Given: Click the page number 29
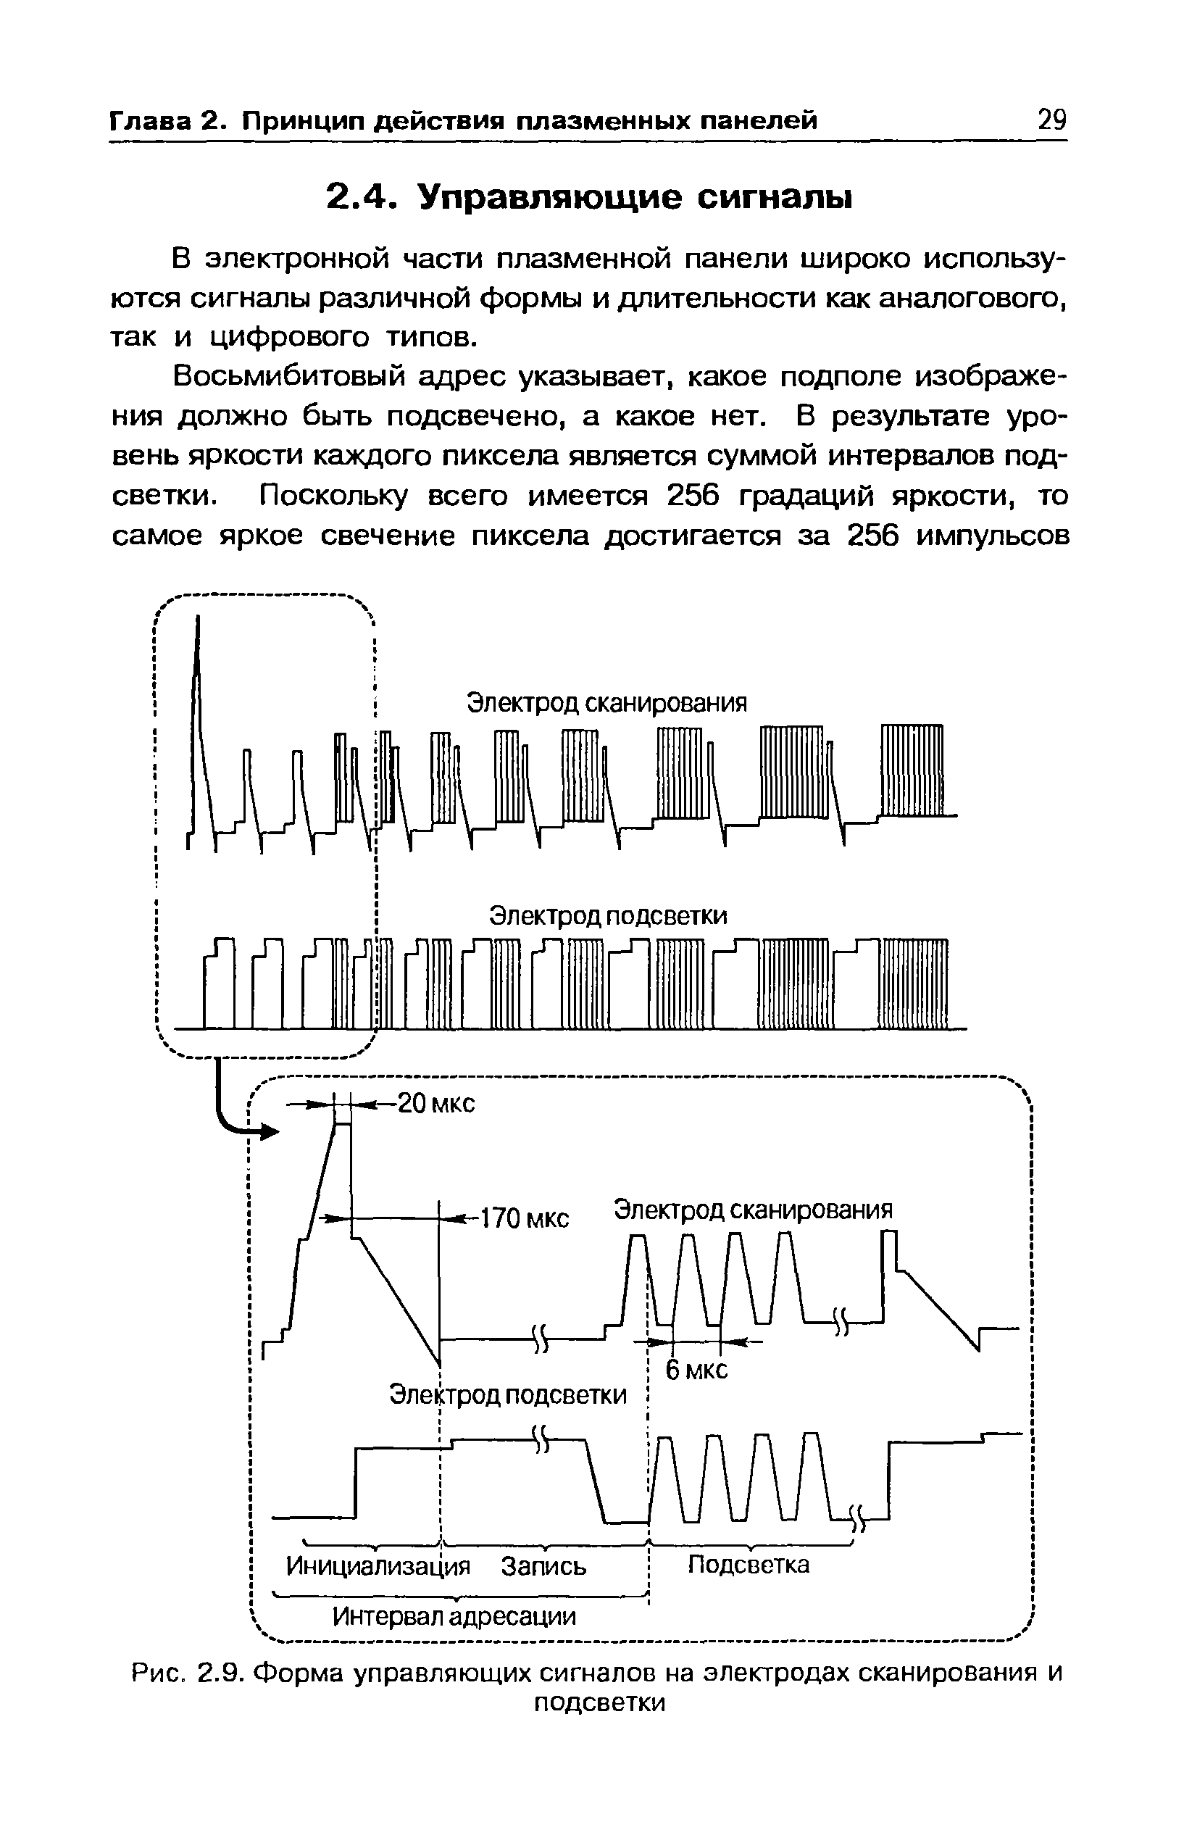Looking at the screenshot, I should point(1051,120).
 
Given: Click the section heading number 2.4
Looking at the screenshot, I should point(359,198).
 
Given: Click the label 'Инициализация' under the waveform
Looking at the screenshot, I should point(378,1565).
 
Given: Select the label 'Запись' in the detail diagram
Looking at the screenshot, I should point(543,1566).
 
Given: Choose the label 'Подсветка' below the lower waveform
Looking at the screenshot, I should point(748,1565).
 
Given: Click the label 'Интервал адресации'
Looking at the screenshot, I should point(454,1616).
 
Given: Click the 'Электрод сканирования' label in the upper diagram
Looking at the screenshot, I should point(606,703).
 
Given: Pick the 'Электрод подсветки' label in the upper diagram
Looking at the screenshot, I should point(608,915).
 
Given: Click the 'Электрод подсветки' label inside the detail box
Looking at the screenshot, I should point(507,1395).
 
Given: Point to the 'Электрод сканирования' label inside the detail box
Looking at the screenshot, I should point(754,1210).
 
